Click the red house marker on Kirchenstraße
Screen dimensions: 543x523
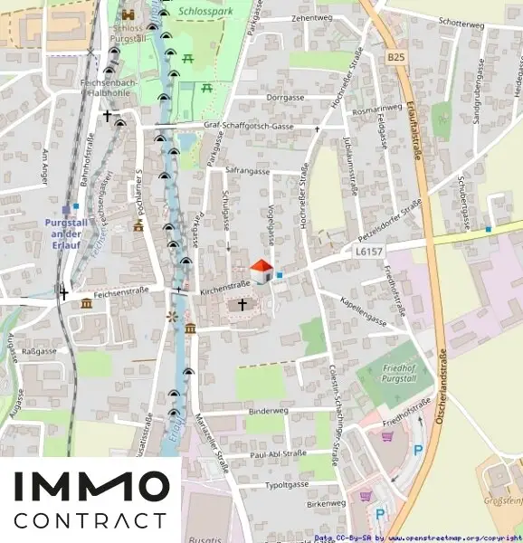point(261,271)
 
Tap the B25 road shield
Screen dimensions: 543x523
point(395,57)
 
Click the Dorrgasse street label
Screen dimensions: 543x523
point(284,97)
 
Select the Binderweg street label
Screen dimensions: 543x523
point(266,410)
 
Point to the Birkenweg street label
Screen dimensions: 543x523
point(326,503)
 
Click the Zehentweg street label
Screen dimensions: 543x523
point(311,18)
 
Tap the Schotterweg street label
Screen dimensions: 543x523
point(460,23)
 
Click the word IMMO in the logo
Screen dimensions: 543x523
point(90,488)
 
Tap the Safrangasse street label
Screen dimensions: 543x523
point(248,170)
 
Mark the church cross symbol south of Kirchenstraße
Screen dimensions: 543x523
point(242,305)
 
